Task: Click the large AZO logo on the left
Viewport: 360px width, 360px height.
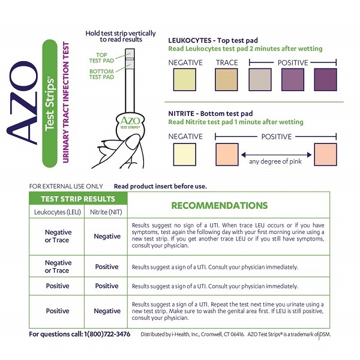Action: pyautogui.click(x=22, y=103)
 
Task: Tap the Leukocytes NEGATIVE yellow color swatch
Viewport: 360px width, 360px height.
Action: pyautogui.click(x=185, y=80)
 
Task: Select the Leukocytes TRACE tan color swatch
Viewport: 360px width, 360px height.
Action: pyautogui.click(x=226, y=80)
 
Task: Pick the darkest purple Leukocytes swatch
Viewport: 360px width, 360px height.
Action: pyautogui.click(x=325, y=80)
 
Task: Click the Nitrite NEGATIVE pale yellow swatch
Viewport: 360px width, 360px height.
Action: pyautogui.click(x=185, y=155)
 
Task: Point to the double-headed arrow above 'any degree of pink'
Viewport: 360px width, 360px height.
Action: pyautogui.click(x=276, y=155)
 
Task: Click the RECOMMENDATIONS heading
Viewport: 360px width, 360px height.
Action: pyautogui.click(x=220, y=205)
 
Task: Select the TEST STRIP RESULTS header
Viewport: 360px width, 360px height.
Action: pyautogui.click(x=78, y=199)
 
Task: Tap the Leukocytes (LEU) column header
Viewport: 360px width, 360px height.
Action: pyautogui.click(x=58, y=212)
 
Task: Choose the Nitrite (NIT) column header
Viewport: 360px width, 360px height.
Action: pyautogui.click(x=106, y=212)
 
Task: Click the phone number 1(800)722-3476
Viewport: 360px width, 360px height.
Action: pyautogui.click(x=107, y=334)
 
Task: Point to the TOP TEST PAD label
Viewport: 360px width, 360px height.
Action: pyautogui.click(x=101, y=58)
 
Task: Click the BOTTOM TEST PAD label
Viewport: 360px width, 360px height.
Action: pyautogui.click(x=101, y=74)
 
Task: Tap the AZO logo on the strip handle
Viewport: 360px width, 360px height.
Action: pyautogui.click(x=130, y=122)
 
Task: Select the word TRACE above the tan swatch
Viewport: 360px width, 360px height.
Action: pyautogui.click(x=227, y=62)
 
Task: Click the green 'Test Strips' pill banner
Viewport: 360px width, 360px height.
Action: pyautogui.click(x=50, y=104)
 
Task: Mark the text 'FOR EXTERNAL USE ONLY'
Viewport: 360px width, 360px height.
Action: pyautogui.click(x=66, y=186)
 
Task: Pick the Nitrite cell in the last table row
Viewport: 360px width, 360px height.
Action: pyautogui.click(x=107, y=311)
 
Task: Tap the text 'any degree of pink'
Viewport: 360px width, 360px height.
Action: pyautogui.click(x=275, y=161)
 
